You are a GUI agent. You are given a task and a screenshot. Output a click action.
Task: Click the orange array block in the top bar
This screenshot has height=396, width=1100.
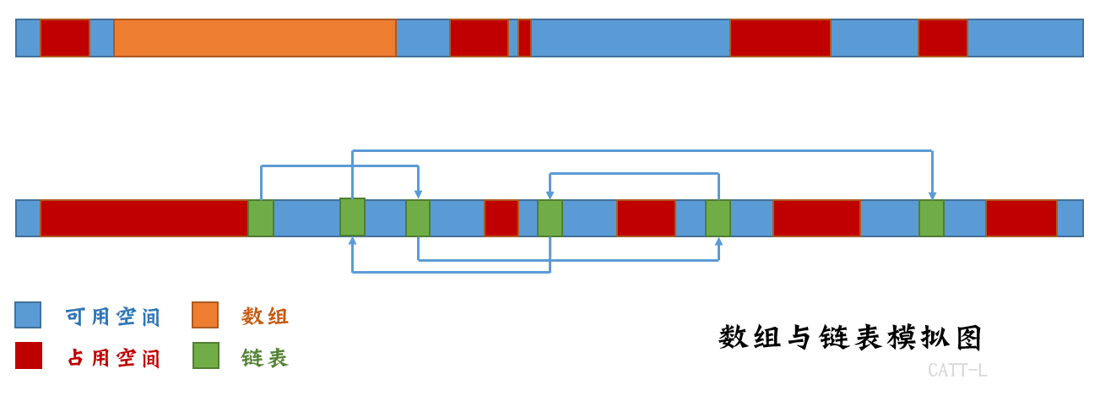click(255, 38)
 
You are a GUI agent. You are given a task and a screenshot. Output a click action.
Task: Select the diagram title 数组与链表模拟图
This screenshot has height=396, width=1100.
click(851, 338)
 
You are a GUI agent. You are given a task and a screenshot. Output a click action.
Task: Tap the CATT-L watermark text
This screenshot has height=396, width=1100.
click(956, 371)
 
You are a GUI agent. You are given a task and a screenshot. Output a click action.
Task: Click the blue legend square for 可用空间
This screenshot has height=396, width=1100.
click(28, 316)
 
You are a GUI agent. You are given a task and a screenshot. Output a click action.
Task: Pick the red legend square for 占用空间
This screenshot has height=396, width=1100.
click(28, 355)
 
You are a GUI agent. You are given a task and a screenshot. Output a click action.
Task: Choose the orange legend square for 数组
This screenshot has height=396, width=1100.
click(205, 316)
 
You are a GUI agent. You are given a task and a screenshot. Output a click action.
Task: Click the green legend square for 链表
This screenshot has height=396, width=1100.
click(205, 355)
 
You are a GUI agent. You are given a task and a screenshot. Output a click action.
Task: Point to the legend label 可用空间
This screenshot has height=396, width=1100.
click(113, 317)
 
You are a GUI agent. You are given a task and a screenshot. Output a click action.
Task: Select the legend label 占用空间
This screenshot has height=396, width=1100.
click(113, 358)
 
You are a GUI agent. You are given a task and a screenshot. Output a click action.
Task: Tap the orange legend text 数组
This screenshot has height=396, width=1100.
click(265, 317)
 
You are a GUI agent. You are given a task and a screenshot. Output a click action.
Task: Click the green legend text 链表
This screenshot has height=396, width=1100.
click(265, 358)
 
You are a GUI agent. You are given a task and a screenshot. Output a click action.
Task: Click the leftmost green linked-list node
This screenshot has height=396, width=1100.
click(261, 218)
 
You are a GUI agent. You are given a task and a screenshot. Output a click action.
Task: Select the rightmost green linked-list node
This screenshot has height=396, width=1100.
click(931, 218)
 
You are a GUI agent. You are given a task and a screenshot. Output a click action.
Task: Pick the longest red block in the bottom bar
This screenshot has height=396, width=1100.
click(144, 218)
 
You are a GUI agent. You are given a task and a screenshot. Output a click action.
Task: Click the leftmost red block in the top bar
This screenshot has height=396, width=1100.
click(65, 38)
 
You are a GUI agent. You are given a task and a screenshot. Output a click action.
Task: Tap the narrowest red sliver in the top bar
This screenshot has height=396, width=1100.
click(524, 38)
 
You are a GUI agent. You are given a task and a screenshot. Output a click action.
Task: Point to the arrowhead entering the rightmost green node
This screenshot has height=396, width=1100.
click(932, 195)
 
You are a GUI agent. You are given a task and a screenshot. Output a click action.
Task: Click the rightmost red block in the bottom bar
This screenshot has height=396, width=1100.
click(1021, 218)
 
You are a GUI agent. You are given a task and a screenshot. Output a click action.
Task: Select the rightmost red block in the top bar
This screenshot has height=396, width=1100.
click(943, 38)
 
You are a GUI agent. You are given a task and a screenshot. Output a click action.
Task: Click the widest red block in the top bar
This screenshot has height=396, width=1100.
click(780, 38)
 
